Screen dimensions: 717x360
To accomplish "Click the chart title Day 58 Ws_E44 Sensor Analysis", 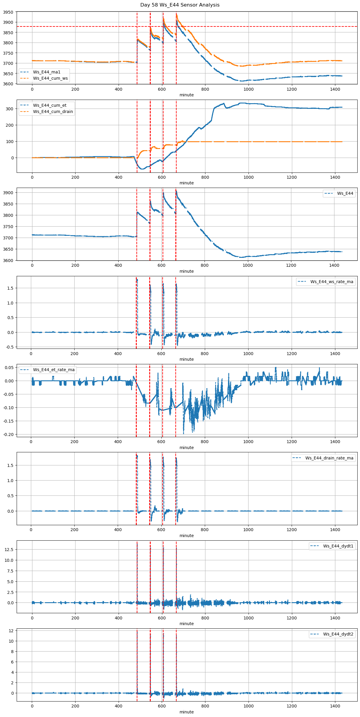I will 180,5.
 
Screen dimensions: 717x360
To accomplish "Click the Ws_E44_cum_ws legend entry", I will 50,79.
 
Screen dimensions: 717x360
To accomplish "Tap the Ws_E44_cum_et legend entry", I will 50,105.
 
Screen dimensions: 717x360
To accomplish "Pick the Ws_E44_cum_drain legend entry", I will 53,112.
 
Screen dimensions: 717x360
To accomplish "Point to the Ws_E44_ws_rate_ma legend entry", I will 332,282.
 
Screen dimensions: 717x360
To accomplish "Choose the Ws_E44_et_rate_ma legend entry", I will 54,370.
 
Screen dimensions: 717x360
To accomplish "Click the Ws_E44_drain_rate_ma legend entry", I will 329,458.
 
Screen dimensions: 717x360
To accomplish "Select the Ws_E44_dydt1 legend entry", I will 338,546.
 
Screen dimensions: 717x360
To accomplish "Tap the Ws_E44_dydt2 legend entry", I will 338,634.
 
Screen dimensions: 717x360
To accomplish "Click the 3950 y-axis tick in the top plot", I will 8,12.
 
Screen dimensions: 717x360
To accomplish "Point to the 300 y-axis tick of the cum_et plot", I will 10,109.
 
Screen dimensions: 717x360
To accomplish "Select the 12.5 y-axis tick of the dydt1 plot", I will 9,550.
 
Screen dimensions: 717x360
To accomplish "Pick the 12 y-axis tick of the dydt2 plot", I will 11,631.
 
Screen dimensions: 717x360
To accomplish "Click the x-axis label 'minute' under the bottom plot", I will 186,712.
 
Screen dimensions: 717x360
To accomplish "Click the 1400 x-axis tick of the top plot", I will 335,90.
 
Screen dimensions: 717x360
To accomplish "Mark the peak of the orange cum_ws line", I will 177,15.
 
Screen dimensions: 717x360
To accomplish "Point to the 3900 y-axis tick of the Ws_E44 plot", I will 8,193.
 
